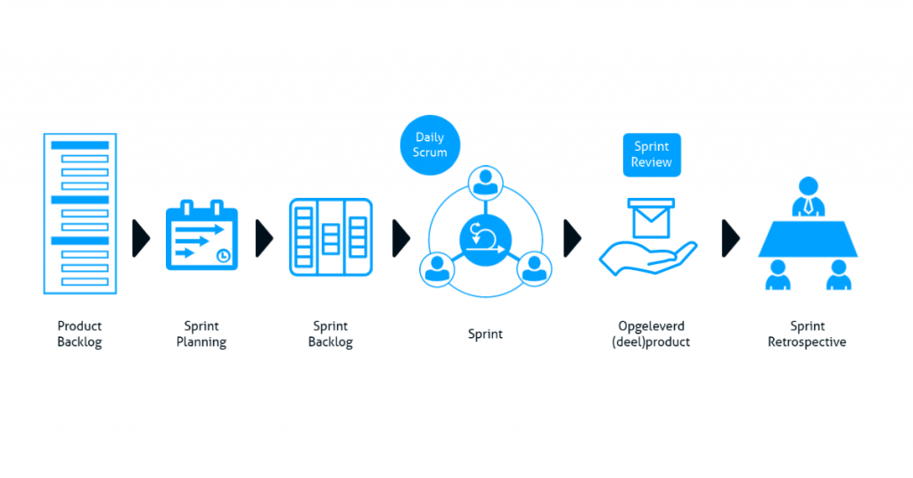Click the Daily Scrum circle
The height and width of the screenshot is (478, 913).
[430, 145]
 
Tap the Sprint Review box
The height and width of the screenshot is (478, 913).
[651, 154]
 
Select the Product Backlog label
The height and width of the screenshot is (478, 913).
[79, 334]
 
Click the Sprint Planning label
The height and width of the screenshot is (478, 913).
[202, 334]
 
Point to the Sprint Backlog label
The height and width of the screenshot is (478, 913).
[331, 334]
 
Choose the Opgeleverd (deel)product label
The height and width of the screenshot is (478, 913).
[651, 334]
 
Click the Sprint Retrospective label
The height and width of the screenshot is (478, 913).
[807, 334]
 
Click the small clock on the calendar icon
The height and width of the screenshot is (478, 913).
[223, 256]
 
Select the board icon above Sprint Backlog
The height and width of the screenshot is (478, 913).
[331, 237]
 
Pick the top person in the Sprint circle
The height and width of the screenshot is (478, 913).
[485, 183]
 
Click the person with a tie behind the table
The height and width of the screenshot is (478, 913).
[807, 196]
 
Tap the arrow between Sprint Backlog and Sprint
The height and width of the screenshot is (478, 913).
[401, 238]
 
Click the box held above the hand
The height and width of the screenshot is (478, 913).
[651, 217]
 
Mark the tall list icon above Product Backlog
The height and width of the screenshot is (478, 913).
[79, 214]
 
